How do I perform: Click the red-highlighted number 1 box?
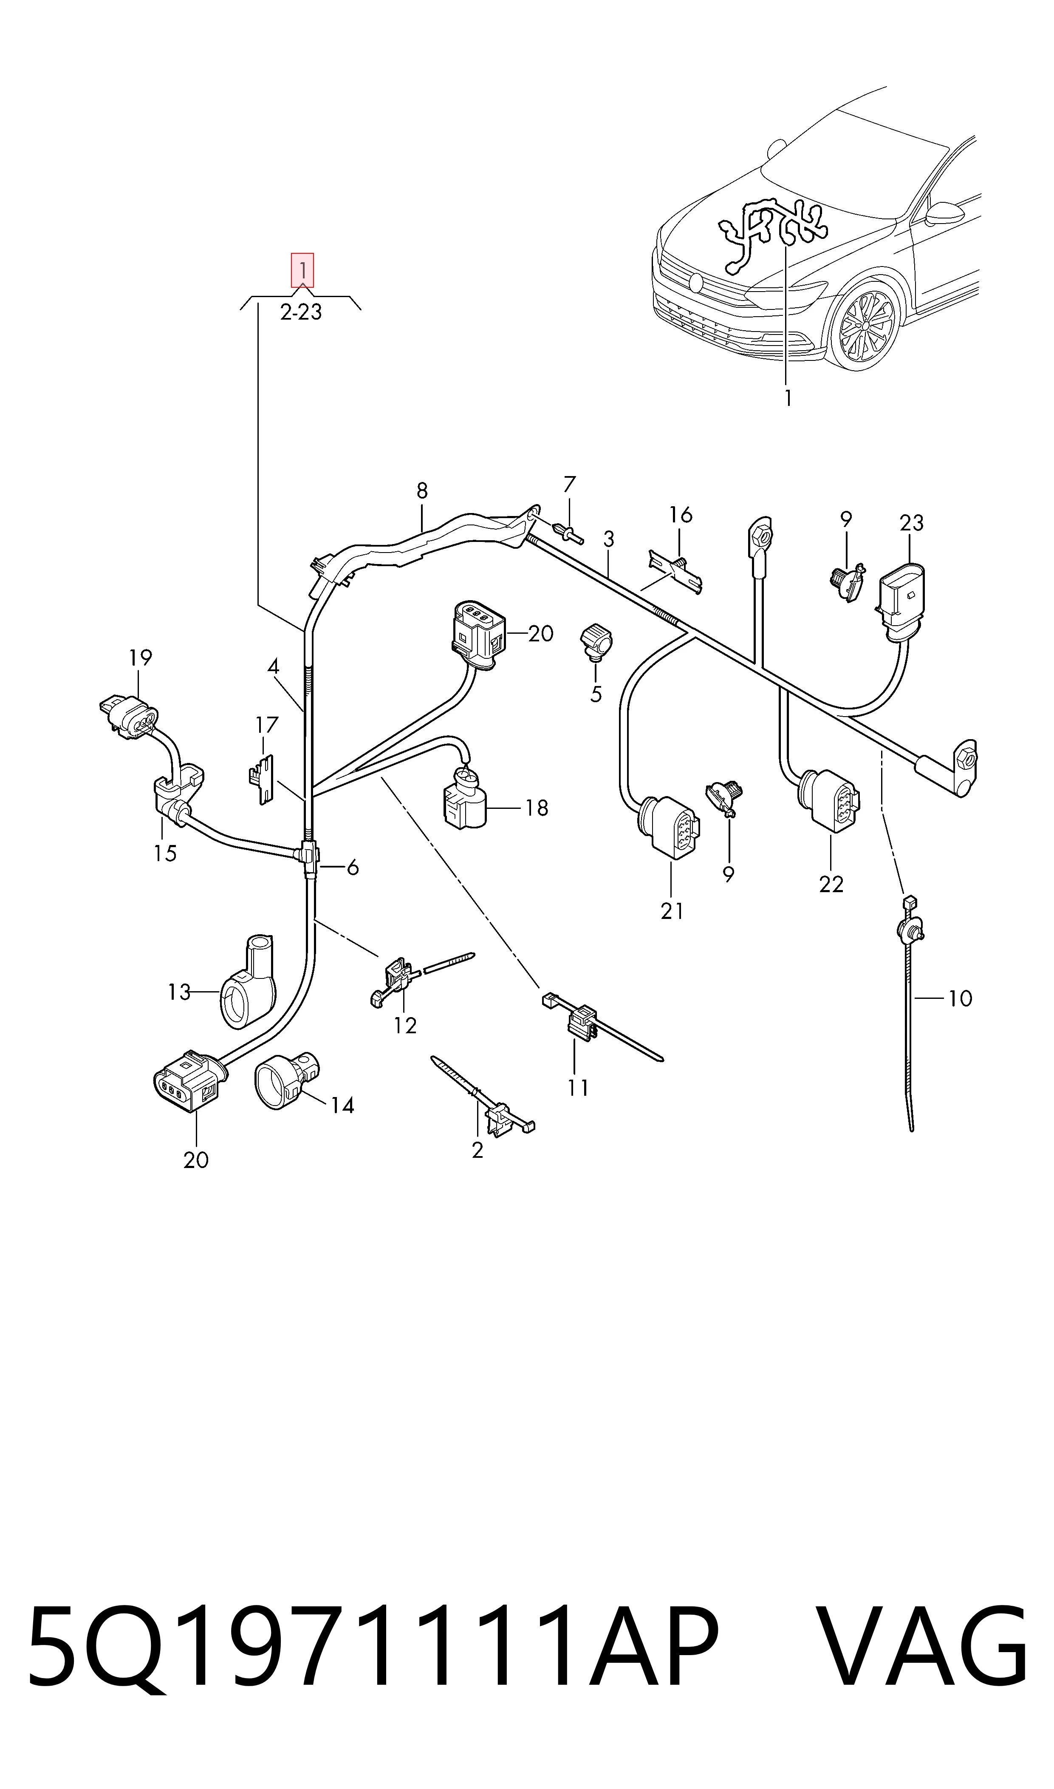[x=302, y=270]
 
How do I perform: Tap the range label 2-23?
[x=301, y=312]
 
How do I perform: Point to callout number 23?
[x=911, y=523]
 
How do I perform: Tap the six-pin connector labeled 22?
[x=828, y=800]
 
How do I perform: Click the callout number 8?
[x=422, y=490]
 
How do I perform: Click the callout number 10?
[x=960, y=998]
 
